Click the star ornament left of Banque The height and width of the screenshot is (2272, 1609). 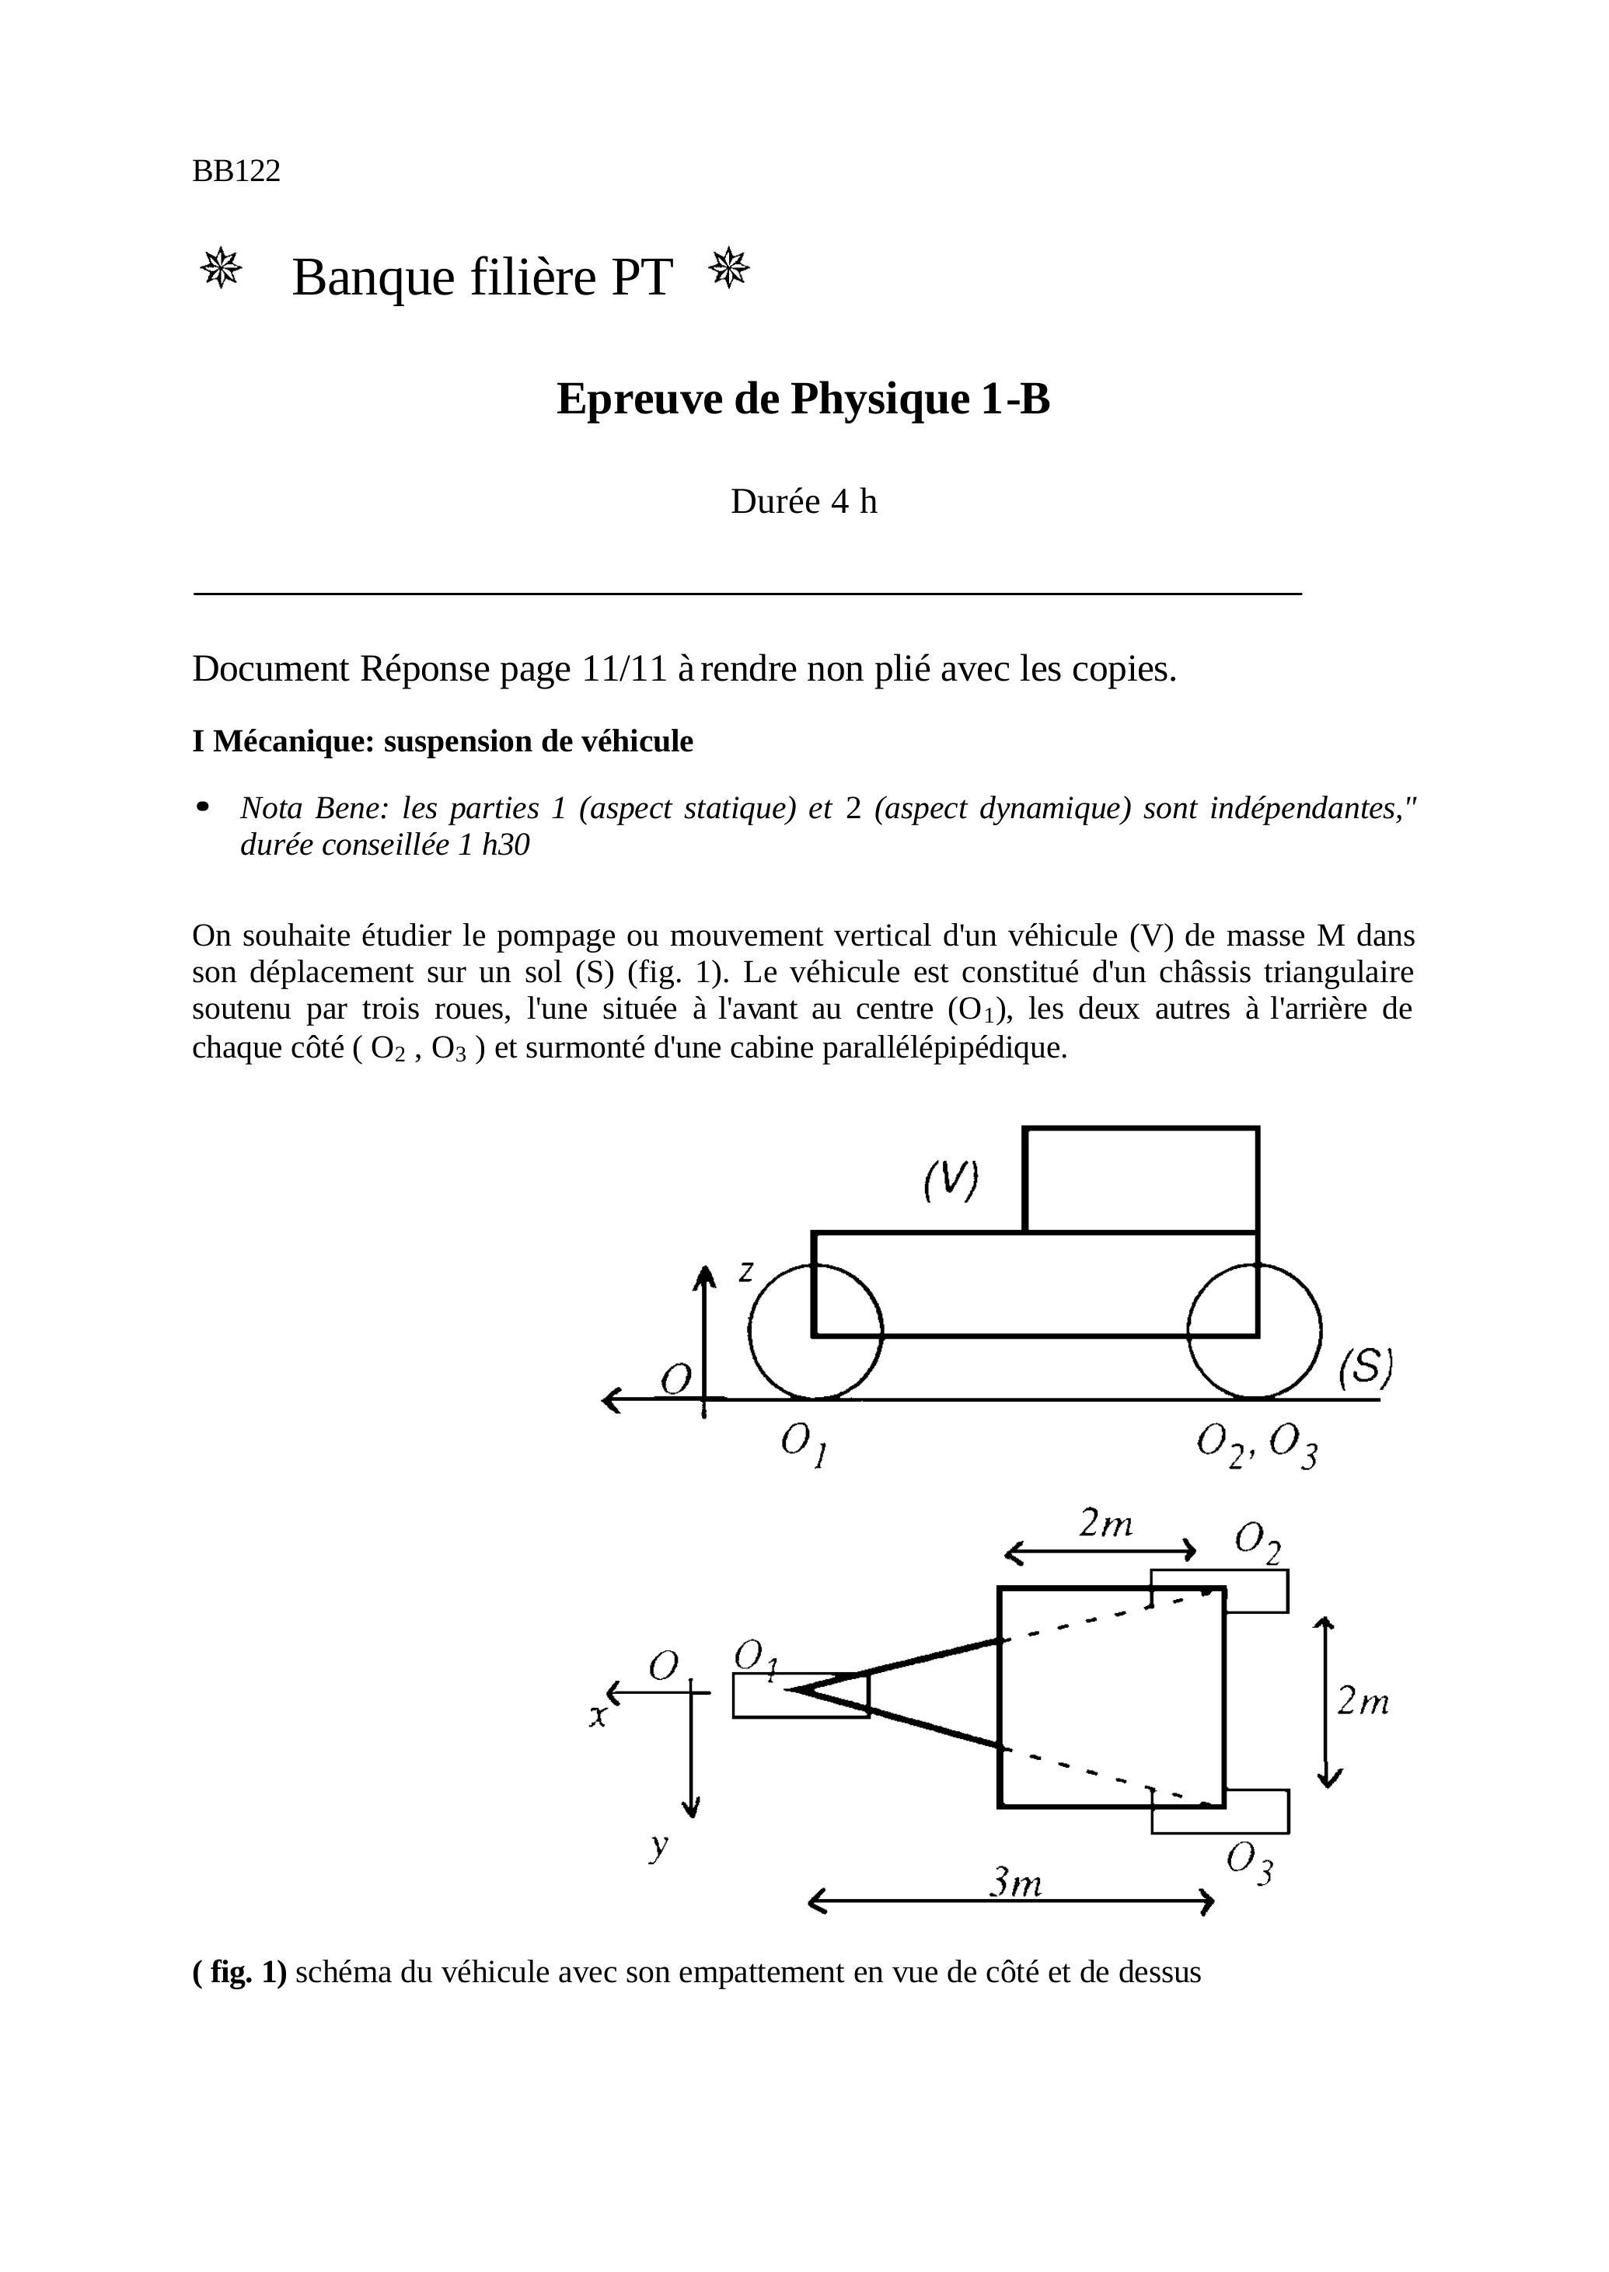221,267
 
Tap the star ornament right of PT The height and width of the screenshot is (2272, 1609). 729,267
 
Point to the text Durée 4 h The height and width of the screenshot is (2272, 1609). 804,502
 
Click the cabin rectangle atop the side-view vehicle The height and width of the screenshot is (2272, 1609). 1140,1180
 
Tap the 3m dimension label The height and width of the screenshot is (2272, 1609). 1017,1882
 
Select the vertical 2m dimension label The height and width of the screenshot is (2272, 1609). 1363,1702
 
